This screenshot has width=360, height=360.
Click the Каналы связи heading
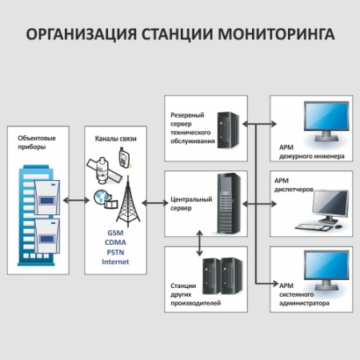115,138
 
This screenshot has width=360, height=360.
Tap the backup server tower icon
230,125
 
